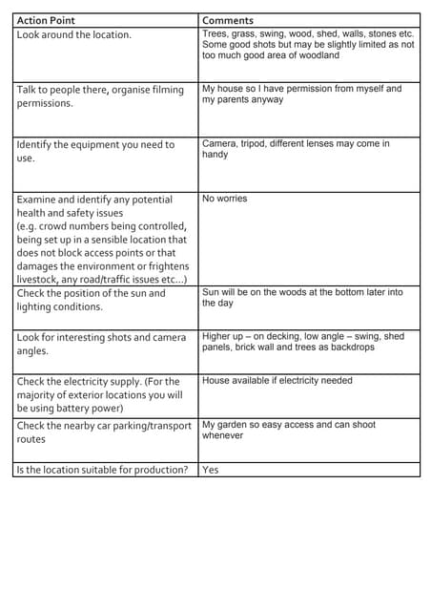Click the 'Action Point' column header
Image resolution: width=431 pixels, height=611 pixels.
click(x=46, y=20)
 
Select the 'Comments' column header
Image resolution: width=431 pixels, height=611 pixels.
click(x=228, y=20)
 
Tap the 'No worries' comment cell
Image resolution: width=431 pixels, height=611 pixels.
click(x=224, y=199)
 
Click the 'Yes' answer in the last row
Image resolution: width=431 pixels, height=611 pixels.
click(x=211, y=470)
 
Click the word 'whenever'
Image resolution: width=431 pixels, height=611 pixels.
click(x=222, y=435)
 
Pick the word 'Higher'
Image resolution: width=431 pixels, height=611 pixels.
click(x=218, y=336)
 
